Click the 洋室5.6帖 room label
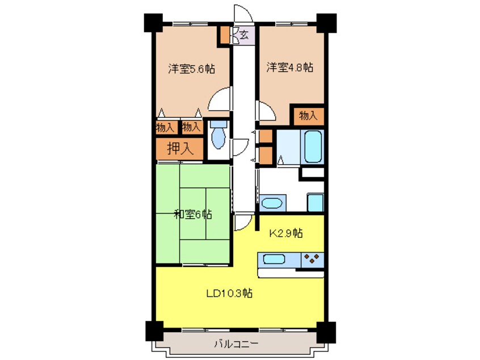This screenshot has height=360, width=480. click(191, 69)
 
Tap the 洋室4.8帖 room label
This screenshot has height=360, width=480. click(290, 68)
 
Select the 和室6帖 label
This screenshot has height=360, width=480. click(193, 215)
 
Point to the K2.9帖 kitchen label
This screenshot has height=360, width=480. click(285, 233)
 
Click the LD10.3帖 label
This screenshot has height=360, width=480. click(229, 294)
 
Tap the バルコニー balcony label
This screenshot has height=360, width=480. click(236, 344)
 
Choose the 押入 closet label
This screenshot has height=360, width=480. click(179, 149)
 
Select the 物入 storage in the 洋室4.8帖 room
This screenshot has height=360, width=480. click(308, 116)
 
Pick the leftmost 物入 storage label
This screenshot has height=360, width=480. click(165, 128)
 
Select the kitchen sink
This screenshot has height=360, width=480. click(273, 259)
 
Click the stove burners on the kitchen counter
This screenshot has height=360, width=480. click(310, 259)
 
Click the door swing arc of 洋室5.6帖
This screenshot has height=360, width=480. click(220, 99)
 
